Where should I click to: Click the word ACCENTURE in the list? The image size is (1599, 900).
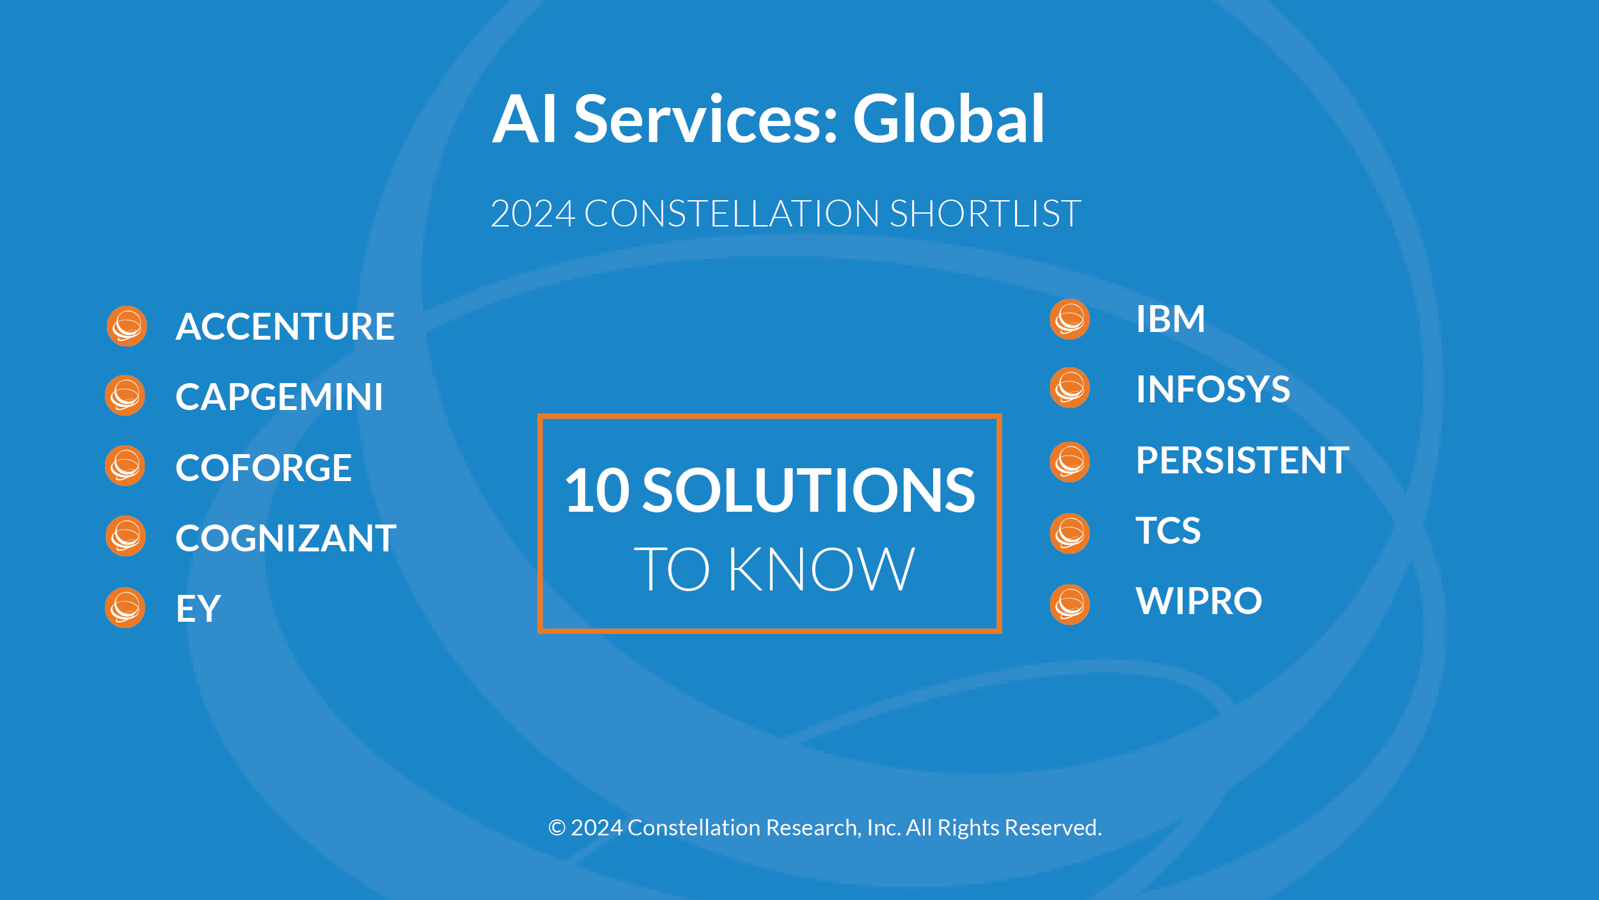[285, 326]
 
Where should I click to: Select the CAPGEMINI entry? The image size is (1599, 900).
[280, 397]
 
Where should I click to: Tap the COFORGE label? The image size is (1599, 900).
[264, 467]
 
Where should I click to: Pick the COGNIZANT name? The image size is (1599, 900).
[286, 538]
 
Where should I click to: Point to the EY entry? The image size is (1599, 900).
[198, 608]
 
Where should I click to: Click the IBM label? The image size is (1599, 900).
[1170, 319]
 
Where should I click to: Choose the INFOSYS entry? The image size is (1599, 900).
[1213, 389]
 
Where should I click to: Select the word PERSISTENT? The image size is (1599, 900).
[1243, 460]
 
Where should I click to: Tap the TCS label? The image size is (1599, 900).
[1169, 530]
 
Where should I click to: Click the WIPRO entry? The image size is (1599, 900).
[1199, 601]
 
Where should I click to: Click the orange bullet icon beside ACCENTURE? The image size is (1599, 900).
[127, 326]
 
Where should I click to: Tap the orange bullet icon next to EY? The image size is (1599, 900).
[125, 608]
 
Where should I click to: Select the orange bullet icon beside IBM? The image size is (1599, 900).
[1069, 319]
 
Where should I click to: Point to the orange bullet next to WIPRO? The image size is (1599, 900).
[1069, 604]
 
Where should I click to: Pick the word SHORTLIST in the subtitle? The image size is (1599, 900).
[985, 213]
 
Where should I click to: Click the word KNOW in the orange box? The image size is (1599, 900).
[821, 569]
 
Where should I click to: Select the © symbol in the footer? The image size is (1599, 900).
[557, 828]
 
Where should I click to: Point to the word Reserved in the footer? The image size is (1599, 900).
[1053, 828]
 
